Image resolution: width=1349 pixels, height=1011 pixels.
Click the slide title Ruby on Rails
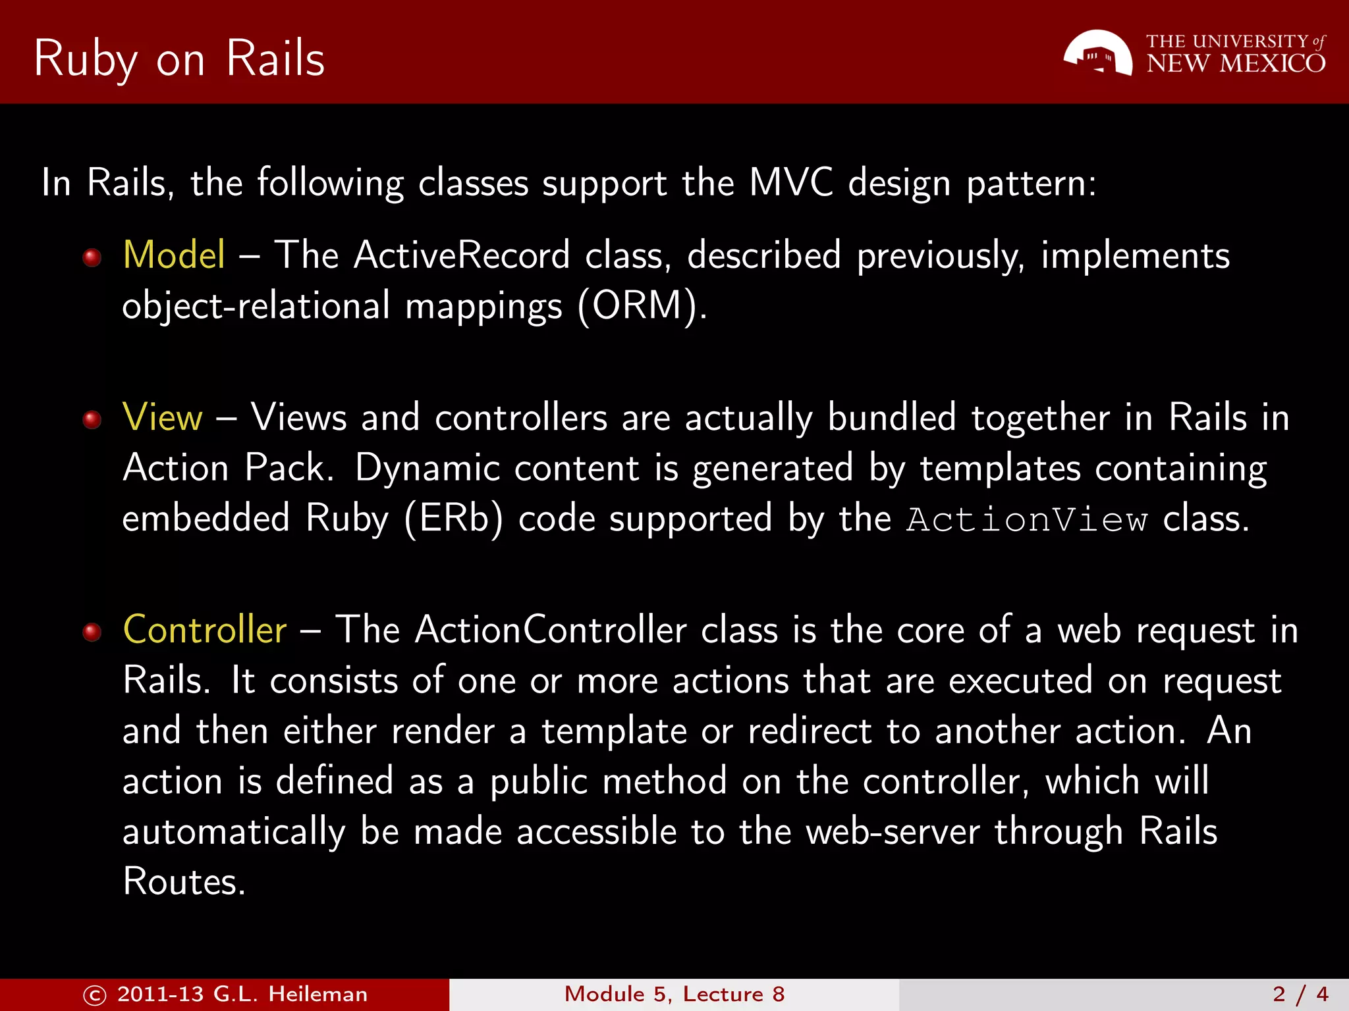pyautogui.click(x=179, y=59)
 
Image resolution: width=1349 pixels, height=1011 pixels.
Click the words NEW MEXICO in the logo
pyautogui.click(x=1236, y=64)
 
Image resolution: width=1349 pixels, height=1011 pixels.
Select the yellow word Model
pyautogui.click(x=174, y=255)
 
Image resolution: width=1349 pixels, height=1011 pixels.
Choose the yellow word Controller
pyautogui.click(x=205, y=630)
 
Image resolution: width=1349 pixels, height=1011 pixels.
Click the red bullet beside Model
pyautogui.click(x=92, y=257)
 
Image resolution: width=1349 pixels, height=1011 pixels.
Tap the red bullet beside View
pyautogui.click(x=92, y=419)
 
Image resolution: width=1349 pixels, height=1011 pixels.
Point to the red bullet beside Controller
pyautogui.click(x=92, y=632)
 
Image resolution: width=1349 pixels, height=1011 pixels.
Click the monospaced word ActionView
pyautogui.click(x=1027, y=520)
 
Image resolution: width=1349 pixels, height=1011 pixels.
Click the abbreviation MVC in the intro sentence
pyautogui.click(x=790, y=182)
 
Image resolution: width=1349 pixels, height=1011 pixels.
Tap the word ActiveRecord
pyautogui.click(x=462, y=255)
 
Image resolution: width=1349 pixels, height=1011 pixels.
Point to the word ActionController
pyautogui.click(x=551, y=630)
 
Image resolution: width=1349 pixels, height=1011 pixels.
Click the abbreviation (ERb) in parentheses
pyautogui.click(x=453, y=519)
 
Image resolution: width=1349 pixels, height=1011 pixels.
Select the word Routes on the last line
pyautogui.click(x=184, y=881)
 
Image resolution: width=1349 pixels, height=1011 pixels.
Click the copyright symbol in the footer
pyautogui.click(x=95, y=995)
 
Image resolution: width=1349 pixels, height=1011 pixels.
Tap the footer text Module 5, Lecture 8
pyautogui.click(x=674, y=995)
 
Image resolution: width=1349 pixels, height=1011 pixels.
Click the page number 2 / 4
pyautogui.click(x=1300, y=995)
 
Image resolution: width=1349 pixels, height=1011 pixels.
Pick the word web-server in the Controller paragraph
pyautogui.click(x=893, y=831)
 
